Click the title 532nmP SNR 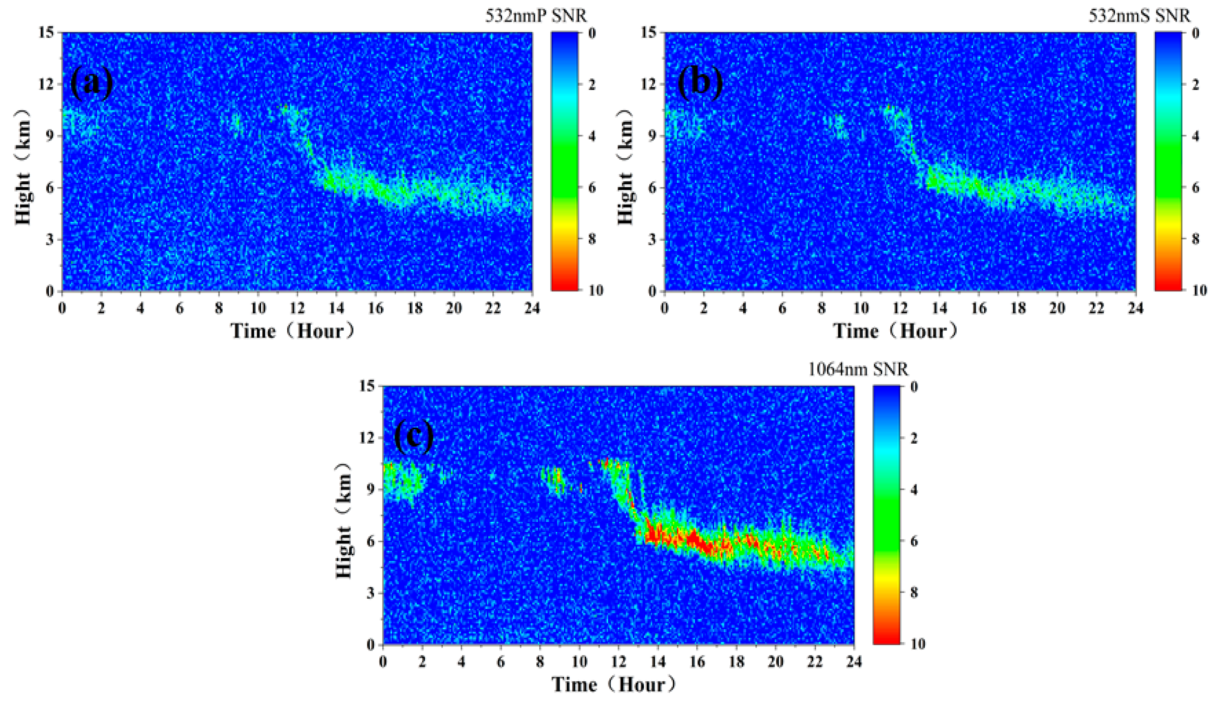click(x=536, y=16)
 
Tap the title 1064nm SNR click(x=858, y=369)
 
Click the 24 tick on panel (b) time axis click(x=1135, y=308)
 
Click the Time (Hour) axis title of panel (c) click(x=614, y=684)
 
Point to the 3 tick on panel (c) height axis click(x=371, y=593)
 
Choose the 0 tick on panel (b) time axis click(x=665, y=308)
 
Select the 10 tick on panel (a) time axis click(x=258, y=308)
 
